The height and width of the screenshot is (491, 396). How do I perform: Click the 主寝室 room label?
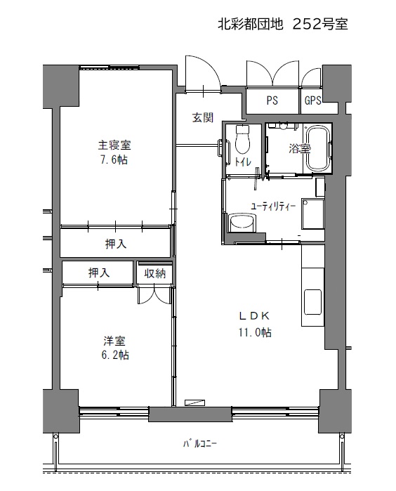click(x=114, y=145)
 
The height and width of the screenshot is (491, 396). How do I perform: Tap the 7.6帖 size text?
click(x=114, y=160)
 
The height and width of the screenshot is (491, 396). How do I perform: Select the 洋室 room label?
click(x=114, y=341)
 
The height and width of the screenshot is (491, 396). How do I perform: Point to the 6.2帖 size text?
click(x=114, y=355)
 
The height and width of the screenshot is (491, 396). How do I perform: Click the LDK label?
click(x=254, y=316)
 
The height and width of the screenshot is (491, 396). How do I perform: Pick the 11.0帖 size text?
click(x=255, y=332)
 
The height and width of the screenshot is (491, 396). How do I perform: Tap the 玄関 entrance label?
click(x=203, y=117)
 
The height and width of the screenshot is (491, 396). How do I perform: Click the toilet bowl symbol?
click(x=243, y=138)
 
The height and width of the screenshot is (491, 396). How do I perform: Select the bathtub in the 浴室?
click(x=317, y=148)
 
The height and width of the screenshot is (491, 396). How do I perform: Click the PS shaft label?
click(x=272, y=100)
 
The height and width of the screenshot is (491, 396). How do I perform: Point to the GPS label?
click(x=312, y=100)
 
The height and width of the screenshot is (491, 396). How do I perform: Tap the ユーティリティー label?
click(x=273, y=207)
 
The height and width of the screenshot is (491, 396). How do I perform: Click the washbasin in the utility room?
click(x=243, y=223)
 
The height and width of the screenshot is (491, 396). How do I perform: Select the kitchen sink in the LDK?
click(x=312, y=301)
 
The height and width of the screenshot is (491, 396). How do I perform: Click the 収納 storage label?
click(x=154, y=273)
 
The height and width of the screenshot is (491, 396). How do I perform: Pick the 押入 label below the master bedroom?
click(x=116, y=244)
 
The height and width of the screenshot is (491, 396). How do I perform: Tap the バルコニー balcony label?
click(x=200, y=444)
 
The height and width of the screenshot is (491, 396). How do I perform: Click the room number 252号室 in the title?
click(x=320, y=25)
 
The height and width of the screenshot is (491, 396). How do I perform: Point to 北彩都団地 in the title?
click(x=250, y=25)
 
